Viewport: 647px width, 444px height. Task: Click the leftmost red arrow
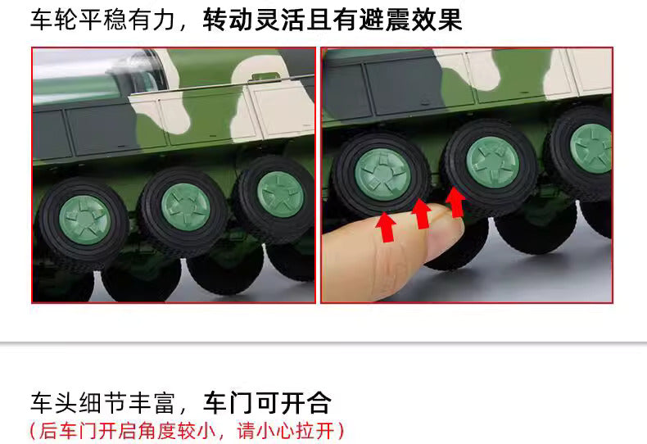(387, 228)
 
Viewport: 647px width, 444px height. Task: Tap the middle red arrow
(420, 215)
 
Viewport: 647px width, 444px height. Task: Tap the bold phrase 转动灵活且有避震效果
(333, 20)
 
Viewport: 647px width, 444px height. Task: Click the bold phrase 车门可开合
(267, 402)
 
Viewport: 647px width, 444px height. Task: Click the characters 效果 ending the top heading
(437, 20)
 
